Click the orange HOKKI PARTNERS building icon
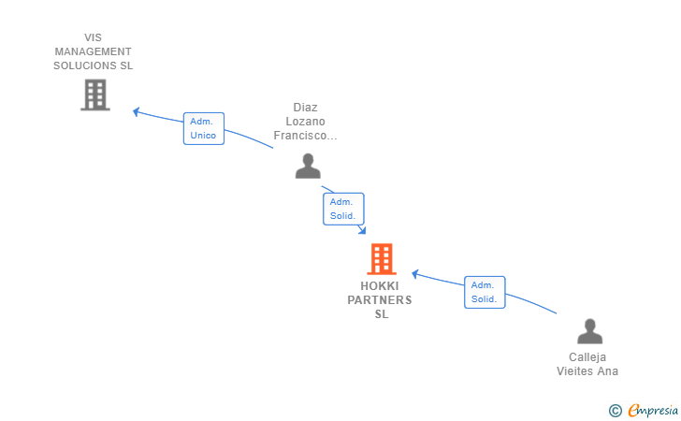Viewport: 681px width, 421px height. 382,259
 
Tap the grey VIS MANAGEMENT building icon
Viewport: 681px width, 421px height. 95,94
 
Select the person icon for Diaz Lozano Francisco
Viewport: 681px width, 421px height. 308,166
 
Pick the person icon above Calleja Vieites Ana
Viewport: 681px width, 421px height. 589,331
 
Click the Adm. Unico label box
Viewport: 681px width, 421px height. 204,128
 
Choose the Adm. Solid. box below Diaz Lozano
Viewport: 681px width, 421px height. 343,209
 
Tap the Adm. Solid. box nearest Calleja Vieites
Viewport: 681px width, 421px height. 485,293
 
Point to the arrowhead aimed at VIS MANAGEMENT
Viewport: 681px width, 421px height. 136,111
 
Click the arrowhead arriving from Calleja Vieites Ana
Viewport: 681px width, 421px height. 414,274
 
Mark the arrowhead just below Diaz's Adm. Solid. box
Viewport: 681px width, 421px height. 362,230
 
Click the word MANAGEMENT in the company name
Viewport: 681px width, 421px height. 93,51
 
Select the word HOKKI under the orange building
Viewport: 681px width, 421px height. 380,286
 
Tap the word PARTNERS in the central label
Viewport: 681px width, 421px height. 380,300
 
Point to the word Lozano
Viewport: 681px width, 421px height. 305,122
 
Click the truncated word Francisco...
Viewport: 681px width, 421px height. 305,136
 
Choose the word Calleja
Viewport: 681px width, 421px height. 587,357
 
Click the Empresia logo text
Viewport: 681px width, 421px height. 653,410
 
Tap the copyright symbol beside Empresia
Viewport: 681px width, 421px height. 616,411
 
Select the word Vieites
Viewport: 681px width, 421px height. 575,371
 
